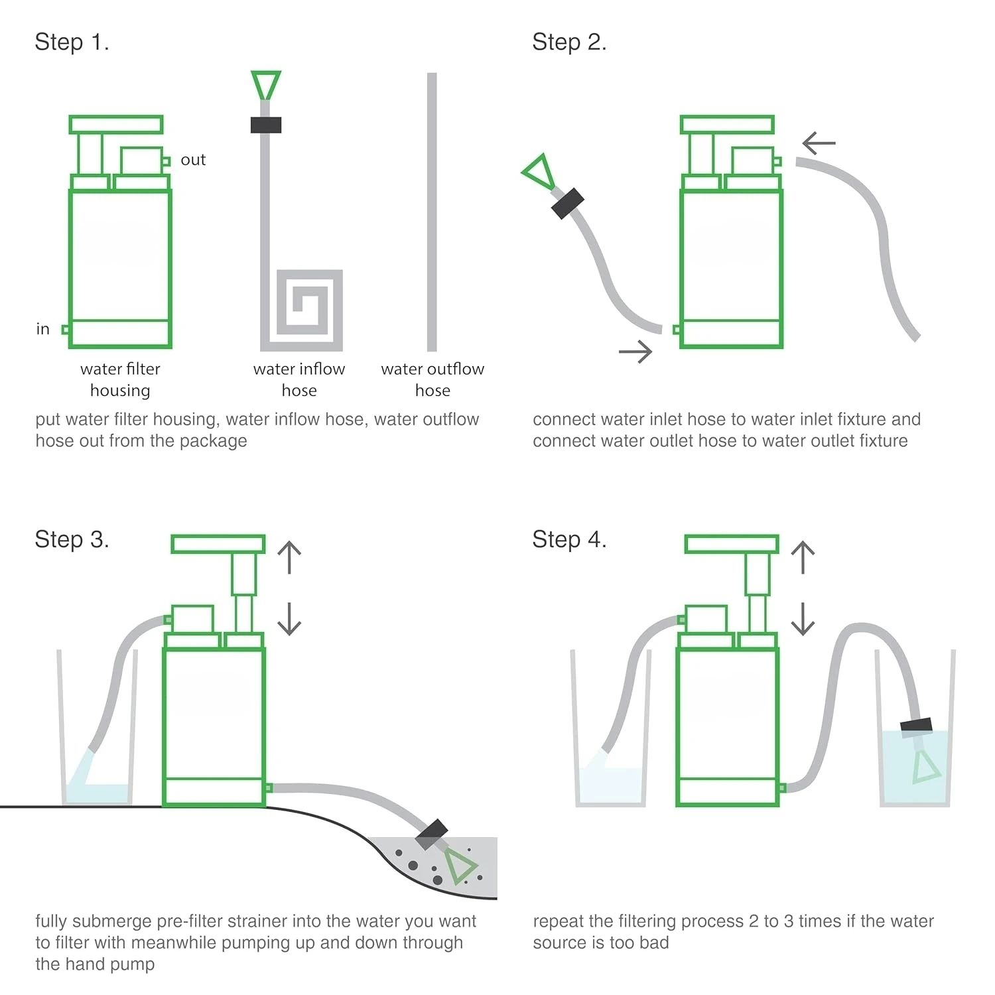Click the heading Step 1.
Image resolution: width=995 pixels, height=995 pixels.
pyautogui.click(x=72, y=42)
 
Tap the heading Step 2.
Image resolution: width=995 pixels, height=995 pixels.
pyautogui.click(x=569, y=42)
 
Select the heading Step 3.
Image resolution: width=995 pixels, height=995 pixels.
pyautogui.click(x=72, y=540)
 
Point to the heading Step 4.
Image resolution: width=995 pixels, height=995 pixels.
pyautogui.click(x=569, y=540)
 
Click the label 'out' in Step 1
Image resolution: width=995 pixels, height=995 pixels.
pyautogui.click(x=193, y=160)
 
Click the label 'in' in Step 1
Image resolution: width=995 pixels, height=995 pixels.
pyautogui.click(x=43, y=329)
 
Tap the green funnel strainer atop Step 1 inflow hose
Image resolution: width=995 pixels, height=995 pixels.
pyautogui.click(x=266, y=84)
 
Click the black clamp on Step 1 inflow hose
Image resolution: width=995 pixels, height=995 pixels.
pyautogui.click(x=266, y=125)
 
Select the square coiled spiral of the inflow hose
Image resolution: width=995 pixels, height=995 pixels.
pyautogui.click(x=309, y=310)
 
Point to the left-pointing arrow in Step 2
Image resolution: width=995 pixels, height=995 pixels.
pyautogui.click(x=819, y=143)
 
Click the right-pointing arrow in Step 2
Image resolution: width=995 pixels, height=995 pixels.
pyautogui.click(x=635, y=352)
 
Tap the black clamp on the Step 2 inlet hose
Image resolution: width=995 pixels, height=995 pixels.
pyautogui.click(x=568, y=203)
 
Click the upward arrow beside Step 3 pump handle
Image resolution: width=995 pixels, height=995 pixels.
pyautogui.click(x=289, y=557)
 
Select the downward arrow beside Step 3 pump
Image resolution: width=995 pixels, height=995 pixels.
pyautogui.click(x=289, y=618)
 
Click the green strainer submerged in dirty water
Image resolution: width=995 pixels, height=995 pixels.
pyautogui.click(x=459, y=866)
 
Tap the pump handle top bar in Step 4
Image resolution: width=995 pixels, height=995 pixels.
pyautogui.click(x=731, y=545)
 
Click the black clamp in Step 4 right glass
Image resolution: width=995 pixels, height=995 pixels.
pyautogui.click(x=916, y=726)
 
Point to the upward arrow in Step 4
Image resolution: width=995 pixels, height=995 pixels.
pyautogui.click(x=803, y=557)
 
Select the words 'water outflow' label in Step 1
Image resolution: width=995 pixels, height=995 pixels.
pyautogui.click(x=432, y=369)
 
